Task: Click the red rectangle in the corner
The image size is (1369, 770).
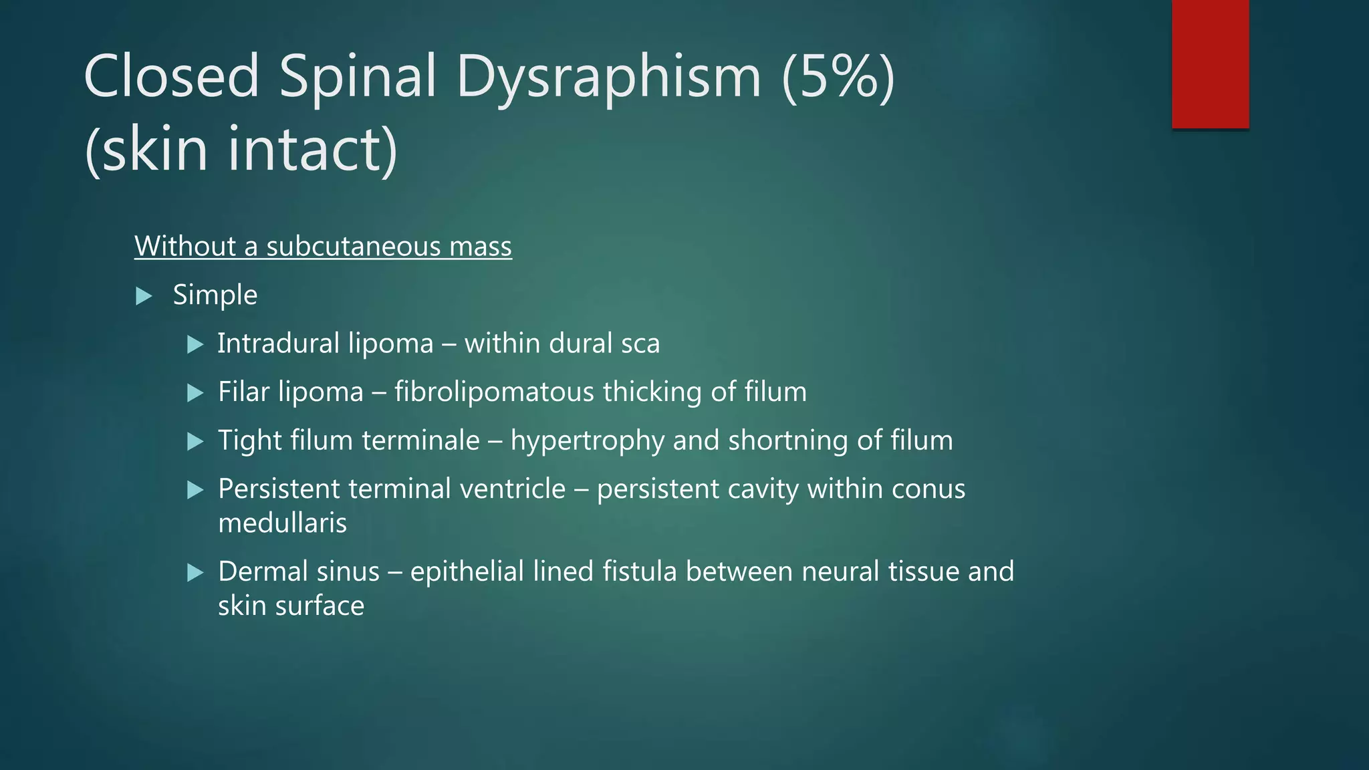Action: tap(1210, 63)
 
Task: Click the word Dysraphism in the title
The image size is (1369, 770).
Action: tap(609, 76)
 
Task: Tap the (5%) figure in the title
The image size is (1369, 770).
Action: tap(838, 76)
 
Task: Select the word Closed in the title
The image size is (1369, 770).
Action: tap(171, 76)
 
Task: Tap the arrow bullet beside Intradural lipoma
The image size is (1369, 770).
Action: tap(195, 345)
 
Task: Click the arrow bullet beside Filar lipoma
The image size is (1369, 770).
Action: tap(195, 393)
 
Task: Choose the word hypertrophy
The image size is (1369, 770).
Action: tap(588, 441)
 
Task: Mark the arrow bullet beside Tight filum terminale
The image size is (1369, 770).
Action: tap(195, 442)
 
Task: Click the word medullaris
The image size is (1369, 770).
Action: tap(282, 523)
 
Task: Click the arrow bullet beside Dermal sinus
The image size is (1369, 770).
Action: tap(195, 573)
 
